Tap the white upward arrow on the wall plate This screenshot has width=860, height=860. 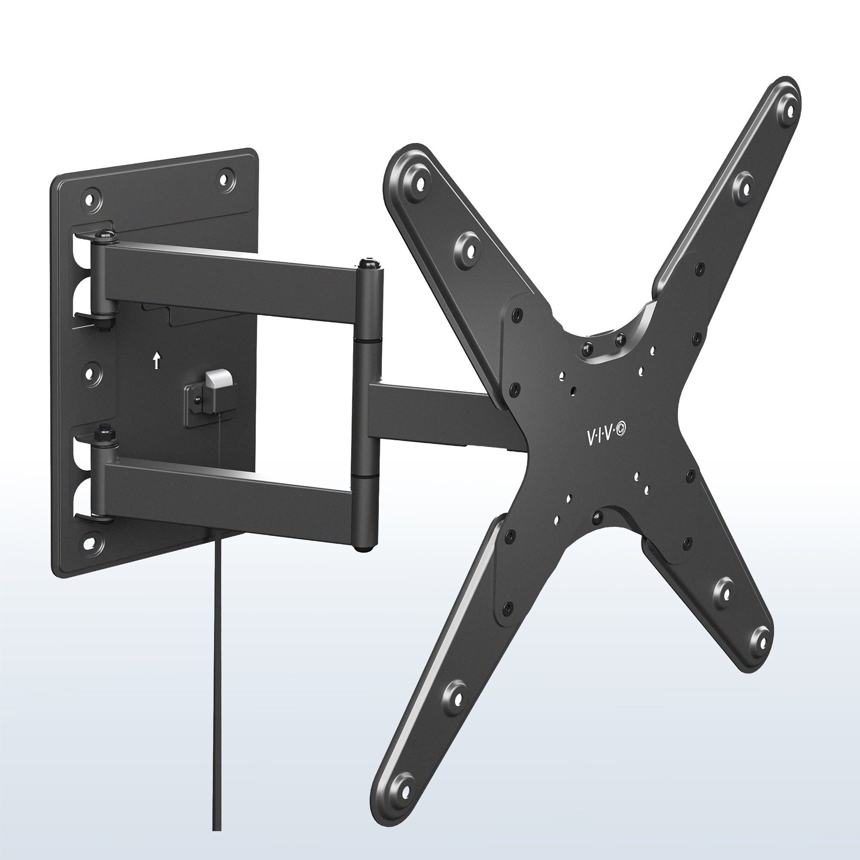pos(156,361)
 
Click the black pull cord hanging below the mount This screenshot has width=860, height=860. pos(215,668)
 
